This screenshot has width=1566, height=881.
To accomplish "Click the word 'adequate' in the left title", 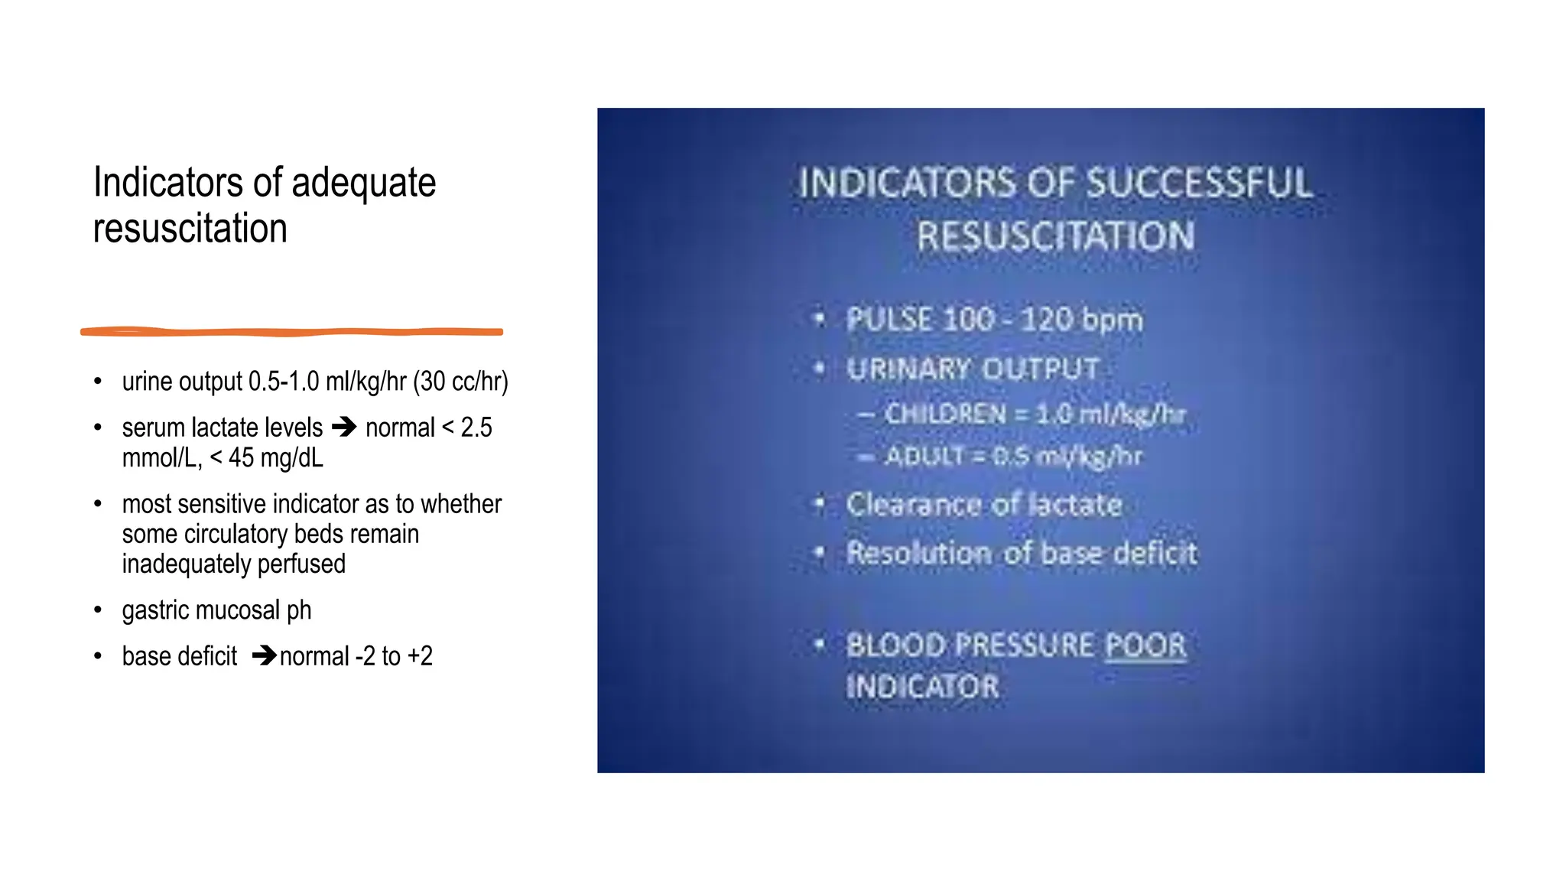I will [363, 184].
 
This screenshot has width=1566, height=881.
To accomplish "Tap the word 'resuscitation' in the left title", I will [190, 229].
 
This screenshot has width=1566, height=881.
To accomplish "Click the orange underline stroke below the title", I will [291, 332].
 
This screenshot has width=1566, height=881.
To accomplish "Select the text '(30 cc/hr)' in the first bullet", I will [460, 381].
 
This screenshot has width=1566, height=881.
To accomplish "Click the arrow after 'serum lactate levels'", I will [344, 427].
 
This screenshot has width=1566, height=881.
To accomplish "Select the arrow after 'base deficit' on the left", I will [264, 655].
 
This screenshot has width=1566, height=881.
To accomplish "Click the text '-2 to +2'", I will [394, 656].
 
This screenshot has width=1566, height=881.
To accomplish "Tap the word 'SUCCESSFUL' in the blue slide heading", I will [1199, 184].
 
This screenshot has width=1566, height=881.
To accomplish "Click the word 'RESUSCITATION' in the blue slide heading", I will [1055, 236].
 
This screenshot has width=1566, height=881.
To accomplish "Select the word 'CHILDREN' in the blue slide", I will [945, 414].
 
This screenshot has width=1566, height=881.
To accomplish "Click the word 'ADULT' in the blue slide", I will [924, 457].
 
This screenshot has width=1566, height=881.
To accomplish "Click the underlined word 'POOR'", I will [1145, 645].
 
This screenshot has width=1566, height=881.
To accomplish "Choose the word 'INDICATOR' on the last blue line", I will [922, 687].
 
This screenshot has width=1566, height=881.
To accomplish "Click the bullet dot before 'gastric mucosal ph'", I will [98, 610].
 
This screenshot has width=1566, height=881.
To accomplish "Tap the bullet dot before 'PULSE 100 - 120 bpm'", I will [819, 318].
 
